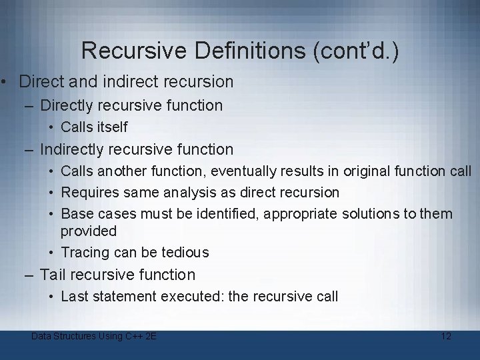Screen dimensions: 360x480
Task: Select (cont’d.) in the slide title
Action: coord(357,51)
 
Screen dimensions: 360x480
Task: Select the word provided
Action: coord(89,231)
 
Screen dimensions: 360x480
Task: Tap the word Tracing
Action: coord(85,253)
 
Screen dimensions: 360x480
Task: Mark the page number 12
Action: coord(446,336)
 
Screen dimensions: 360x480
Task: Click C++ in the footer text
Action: coord(135,336)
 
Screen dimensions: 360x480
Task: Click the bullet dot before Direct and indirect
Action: coord(4,83)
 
